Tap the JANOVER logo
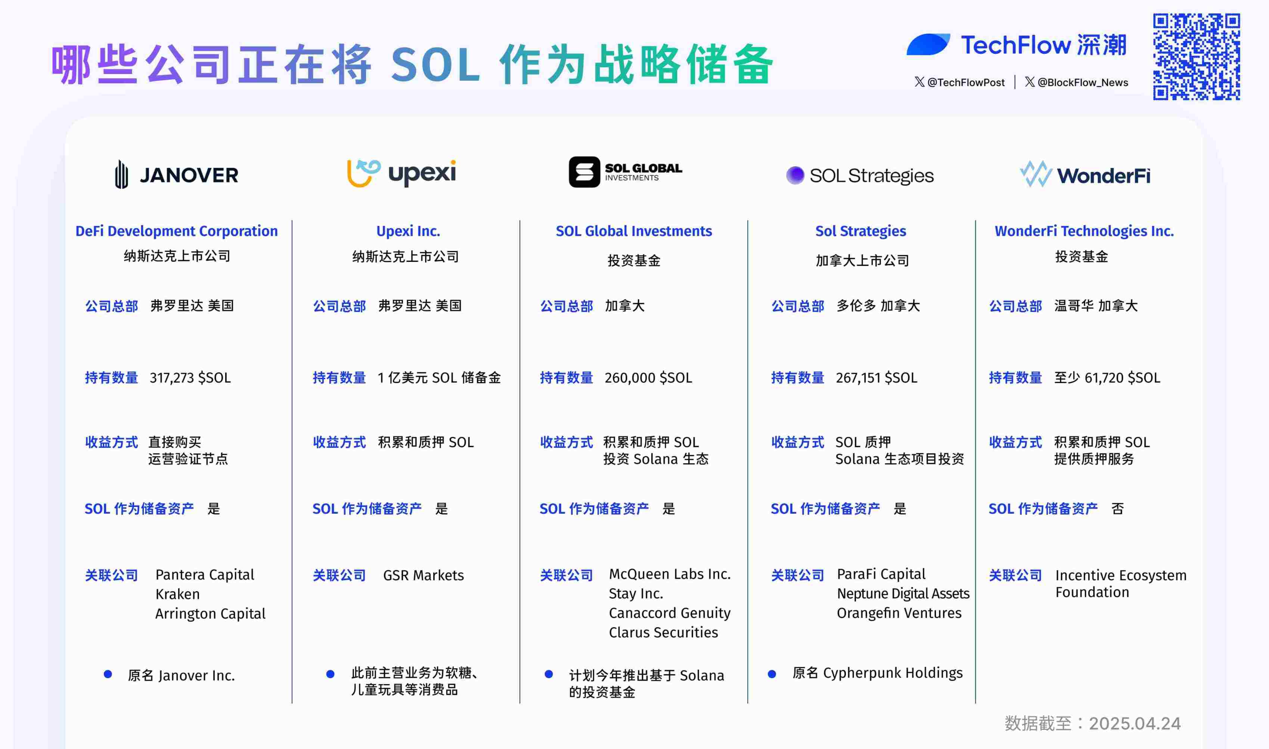coord(177,174)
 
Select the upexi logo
coord(401,173)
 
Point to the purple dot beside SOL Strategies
coord(795,175)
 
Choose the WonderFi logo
coord(1085,174)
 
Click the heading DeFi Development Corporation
coord(177,231)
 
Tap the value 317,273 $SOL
coord(190,378)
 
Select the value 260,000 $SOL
coord(648,378)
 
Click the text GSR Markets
coord(423,575)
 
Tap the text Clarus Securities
coord(663,632)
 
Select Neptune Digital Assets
coord(903,594)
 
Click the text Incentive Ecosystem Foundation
coord(1120,584)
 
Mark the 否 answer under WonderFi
coord(1118,509)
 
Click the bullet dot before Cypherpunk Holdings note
coord(772,674)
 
